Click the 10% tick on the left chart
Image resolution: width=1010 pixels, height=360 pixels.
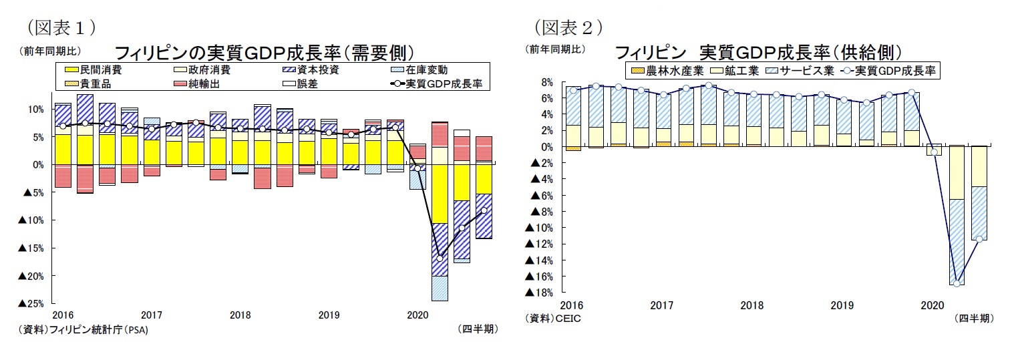[36, 109]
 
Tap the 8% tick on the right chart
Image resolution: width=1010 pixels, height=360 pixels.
[547, 82]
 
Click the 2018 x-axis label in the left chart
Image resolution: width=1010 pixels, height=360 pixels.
[240, 315]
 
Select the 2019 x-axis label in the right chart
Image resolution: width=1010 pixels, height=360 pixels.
[842, 305]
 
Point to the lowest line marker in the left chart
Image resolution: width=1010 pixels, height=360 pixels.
[440, 257]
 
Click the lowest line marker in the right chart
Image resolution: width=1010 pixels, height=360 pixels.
[938, 283]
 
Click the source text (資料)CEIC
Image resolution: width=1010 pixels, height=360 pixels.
[554, 319]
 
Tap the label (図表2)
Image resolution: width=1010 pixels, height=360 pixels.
[568, 27]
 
